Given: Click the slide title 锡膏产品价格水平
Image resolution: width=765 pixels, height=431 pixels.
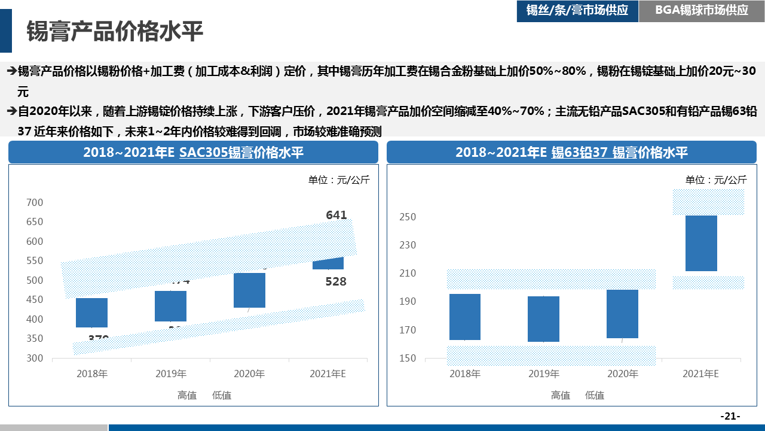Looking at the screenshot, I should [x=115, y=32].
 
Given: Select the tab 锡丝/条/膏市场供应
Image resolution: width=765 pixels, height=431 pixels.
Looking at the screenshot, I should [x=577, y=10].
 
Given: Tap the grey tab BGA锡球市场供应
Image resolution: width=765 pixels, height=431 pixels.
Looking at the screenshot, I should [x=702, y=10].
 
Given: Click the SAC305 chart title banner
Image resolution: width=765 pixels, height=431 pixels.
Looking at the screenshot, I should [x=193, y=152].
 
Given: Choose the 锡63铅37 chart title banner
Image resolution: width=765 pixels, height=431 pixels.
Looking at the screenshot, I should [x=571, y=152].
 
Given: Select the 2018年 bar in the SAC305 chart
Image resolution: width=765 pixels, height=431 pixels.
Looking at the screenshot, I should [x=91, y=312].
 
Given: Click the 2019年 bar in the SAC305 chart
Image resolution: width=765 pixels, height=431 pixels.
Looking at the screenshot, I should [x=170, y=306].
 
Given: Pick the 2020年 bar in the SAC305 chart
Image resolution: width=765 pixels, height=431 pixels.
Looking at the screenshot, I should [x=249, y=290].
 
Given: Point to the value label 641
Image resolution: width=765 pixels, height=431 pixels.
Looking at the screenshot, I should [x=336, y=214].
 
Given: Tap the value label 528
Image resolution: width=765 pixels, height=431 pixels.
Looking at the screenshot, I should [x=336, y=281].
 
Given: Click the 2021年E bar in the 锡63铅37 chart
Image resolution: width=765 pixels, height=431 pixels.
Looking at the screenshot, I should [x=701, y=243].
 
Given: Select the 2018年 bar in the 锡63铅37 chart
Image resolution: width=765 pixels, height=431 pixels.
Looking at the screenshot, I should [x=465, y=317].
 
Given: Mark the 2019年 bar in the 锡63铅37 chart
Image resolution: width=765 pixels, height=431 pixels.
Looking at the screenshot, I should [x=543, y=319].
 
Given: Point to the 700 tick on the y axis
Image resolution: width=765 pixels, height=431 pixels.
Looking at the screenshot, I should [x=35, y=202].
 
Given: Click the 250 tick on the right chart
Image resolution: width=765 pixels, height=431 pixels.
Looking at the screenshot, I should [x=408, y=217].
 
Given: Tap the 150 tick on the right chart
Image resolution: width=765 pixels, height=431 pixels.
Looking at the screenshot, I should [x=408, y=358].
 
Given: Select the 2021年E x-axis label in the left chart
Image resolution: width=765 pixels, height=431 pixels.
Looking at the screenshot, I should [x=328, y=374].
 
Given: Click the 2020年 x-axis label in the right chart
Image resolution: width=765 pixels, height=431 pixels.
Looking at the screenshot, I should [x=622, y=374].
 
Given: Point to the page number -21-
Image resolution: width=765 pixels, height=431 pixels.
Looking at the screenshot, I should [x=730, y=416].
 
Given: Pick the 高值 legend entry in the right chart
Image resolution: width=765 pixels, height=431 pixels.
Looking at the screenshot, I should [x=560, y=395].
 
